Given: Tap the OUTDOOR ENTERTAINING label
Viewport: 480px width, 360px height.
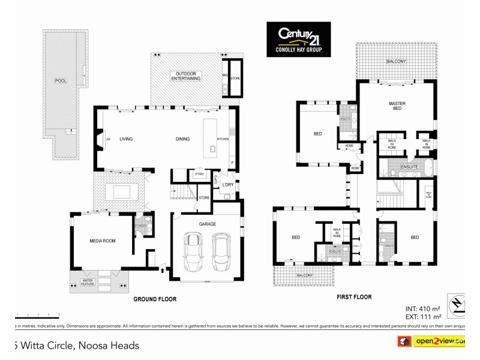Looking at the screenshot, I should click(185, 76).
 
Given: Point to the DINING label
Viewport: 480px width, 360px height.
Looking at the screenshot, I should click(182, 139).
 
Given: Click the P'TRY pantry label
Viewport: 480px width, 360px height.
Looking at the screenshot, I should click(199, 174).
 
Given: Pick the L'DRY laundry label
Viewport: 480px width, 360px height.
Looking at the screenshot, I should click(227, 184).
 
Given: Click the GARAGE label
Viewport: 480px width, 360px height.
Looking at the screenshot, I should click(207, 224).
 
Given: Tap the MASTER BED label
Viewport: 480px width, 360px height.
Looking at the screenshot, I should click(397, 106).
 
